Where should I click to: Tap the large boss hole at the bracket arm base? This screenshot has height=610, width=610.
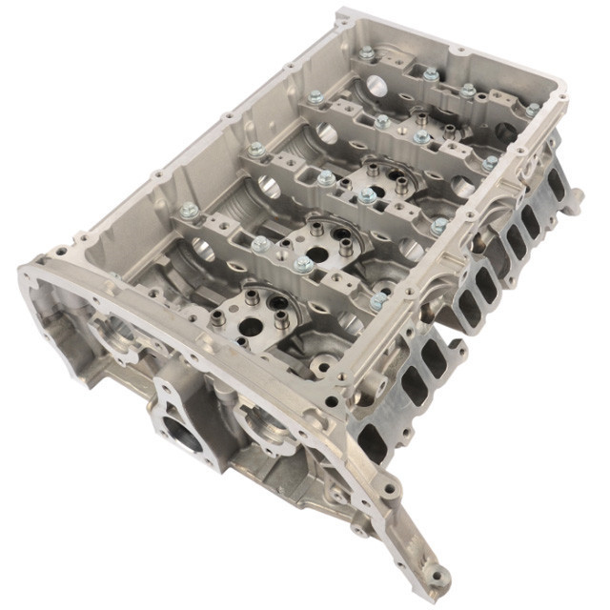[389, 490]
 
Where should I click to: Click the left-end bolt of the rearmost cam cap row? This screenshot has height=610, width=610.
[315, 96]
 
